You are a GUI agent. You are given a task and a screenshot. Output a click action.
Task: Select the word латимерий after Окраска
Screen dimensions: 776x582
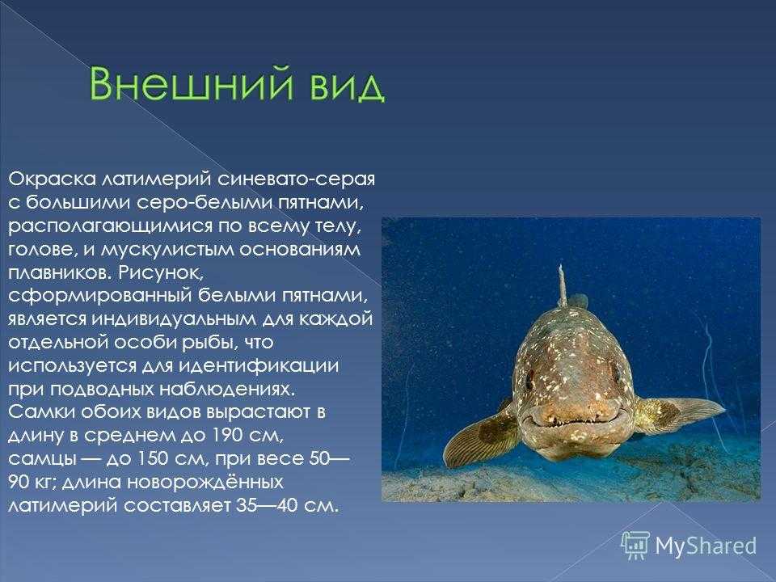tap(157, 179)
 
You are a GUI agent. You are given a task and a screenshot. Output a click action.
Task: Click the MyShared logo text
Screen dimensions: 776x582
tap(706, 546)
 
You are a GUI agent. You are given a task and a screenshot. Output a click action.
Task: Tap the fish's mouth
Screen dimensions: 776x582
tap(574, 422)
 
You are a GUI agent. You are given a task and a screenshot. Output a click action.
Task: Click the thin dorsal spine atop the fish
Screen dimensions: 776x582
tap(563, 285)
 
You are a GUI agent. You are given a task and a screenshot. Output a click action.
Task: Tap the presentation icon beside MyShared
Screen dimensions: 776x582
tap(636, 546)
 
